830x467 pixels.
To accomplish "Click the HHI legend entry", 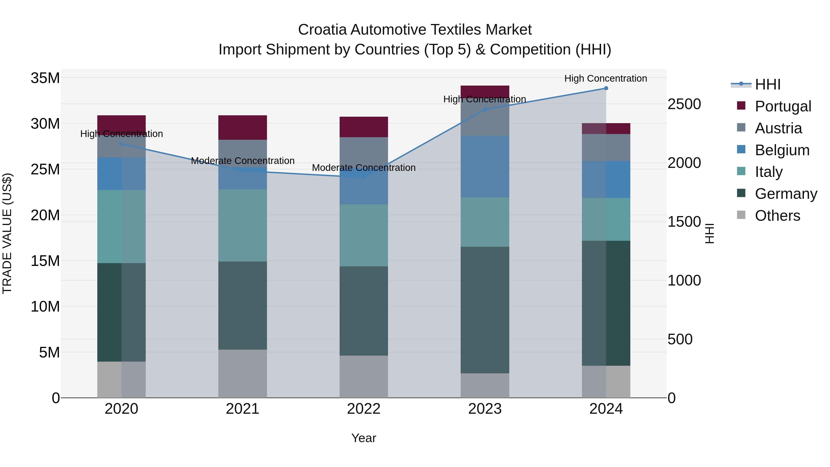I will pyautogui.click(x=767, y=84).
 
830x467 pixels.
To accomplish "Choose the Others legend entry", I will pyautogui.click(x=777, y=215).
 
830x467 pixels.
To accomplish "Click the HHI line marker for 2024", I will pyautogui.click(x=606, y=88).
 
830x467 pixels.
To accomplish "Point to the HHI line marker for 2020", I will pyautogui.click(x=122, y=144).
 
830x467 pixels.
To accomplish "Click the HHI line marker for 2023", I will pyautogui.click(x=485, y=110).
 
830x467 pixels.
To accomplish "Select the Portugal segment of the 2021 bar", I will pyautogui.click(x=243, y=127).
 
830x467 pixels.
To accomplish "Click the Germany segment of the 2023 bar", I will pyautogui.click(x=485, y=310).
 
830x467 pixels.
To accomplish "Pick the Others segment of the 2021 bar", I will pyautogui.click(x=243, y=374).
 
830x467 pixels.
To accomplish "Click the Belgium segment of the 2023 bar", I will pyautogui.click(x=485, y=167).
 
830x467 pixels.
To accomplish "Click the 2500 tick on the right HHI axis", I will pyautogui.click(x=684, y=104).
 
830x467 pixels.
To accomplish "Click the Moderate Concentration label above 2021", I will pyautogui.click(x=243, y=161).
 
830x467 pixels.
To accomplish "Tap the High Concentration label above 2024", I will pyautogui.click(x=605, y=78).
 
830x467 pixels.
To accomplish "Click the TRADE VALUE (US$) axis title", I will pyautogui.click(x=7, y=233).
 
